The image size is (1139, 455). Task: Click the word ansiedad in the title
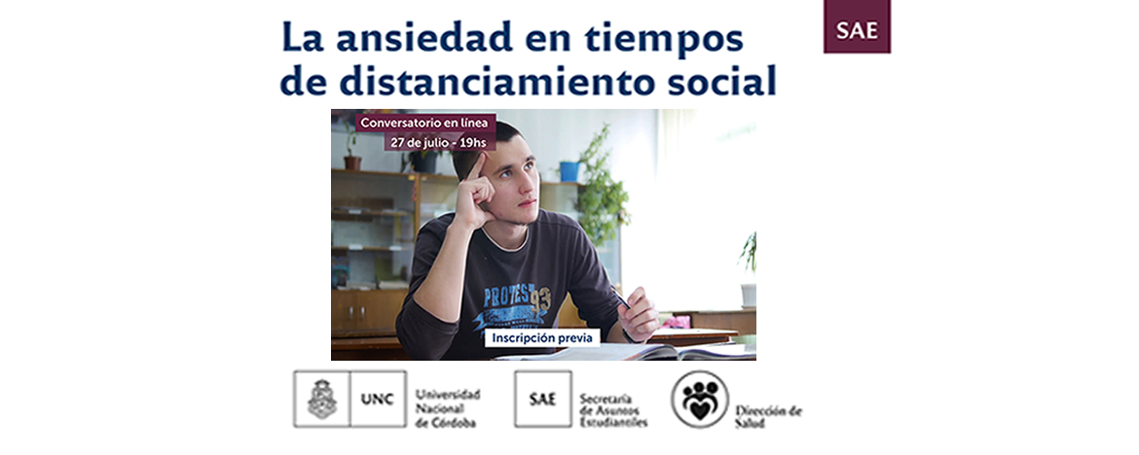point(425,39)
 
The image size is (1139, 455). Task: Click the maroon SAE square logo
point(857,27)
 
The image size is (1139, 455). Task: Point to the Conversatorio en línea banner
point(425,122)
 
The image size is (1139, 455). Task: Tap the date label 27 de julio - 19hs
point(439,142)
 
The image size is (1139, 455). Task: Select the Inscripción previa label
point(542,338)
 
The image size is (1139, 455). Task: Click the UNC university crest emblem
point(322,399)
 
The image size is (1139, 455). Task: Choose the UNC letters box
point(378,399)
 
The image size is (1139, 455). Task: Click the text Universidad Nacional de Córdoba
point(448,407)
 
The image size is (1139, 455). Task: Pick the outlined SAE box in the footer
point(542,399)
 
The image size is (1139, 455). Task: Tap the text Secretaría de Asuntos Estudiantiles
point(613,410)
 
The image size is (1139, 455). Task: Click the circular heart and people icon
point(700,400)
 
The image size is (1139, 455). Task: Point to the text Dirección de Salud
point(768,416)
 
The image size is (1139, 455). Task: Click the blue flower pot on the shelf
point(569,171)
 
